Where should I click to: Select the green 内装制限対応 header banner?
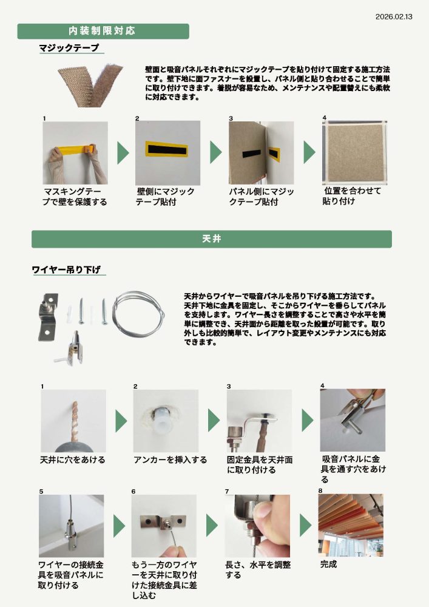click(103, 31)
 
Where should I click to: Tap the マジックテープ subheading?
click(69, 48)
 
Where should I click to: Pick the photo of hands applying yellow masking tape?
click(75, 153)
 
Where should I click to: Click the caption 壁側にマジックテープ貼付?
click(165, 197)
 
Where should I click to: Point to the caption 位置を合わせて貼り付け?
click(352, 195)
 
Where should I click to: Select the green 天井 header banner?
click(211, 239)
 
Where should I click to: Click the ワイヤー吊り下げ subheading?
click(66, 270)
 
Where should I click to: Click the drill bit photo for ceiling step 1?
click(73, 421)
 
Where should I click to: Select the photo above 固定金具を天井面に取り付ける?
click(259, 421)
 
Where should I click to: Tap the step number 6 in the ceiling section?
click(133, 491)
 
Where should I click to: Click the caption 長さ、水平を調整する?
click(258, 569)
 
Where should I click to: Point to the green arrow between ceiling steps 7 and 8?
click(305, 526)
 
